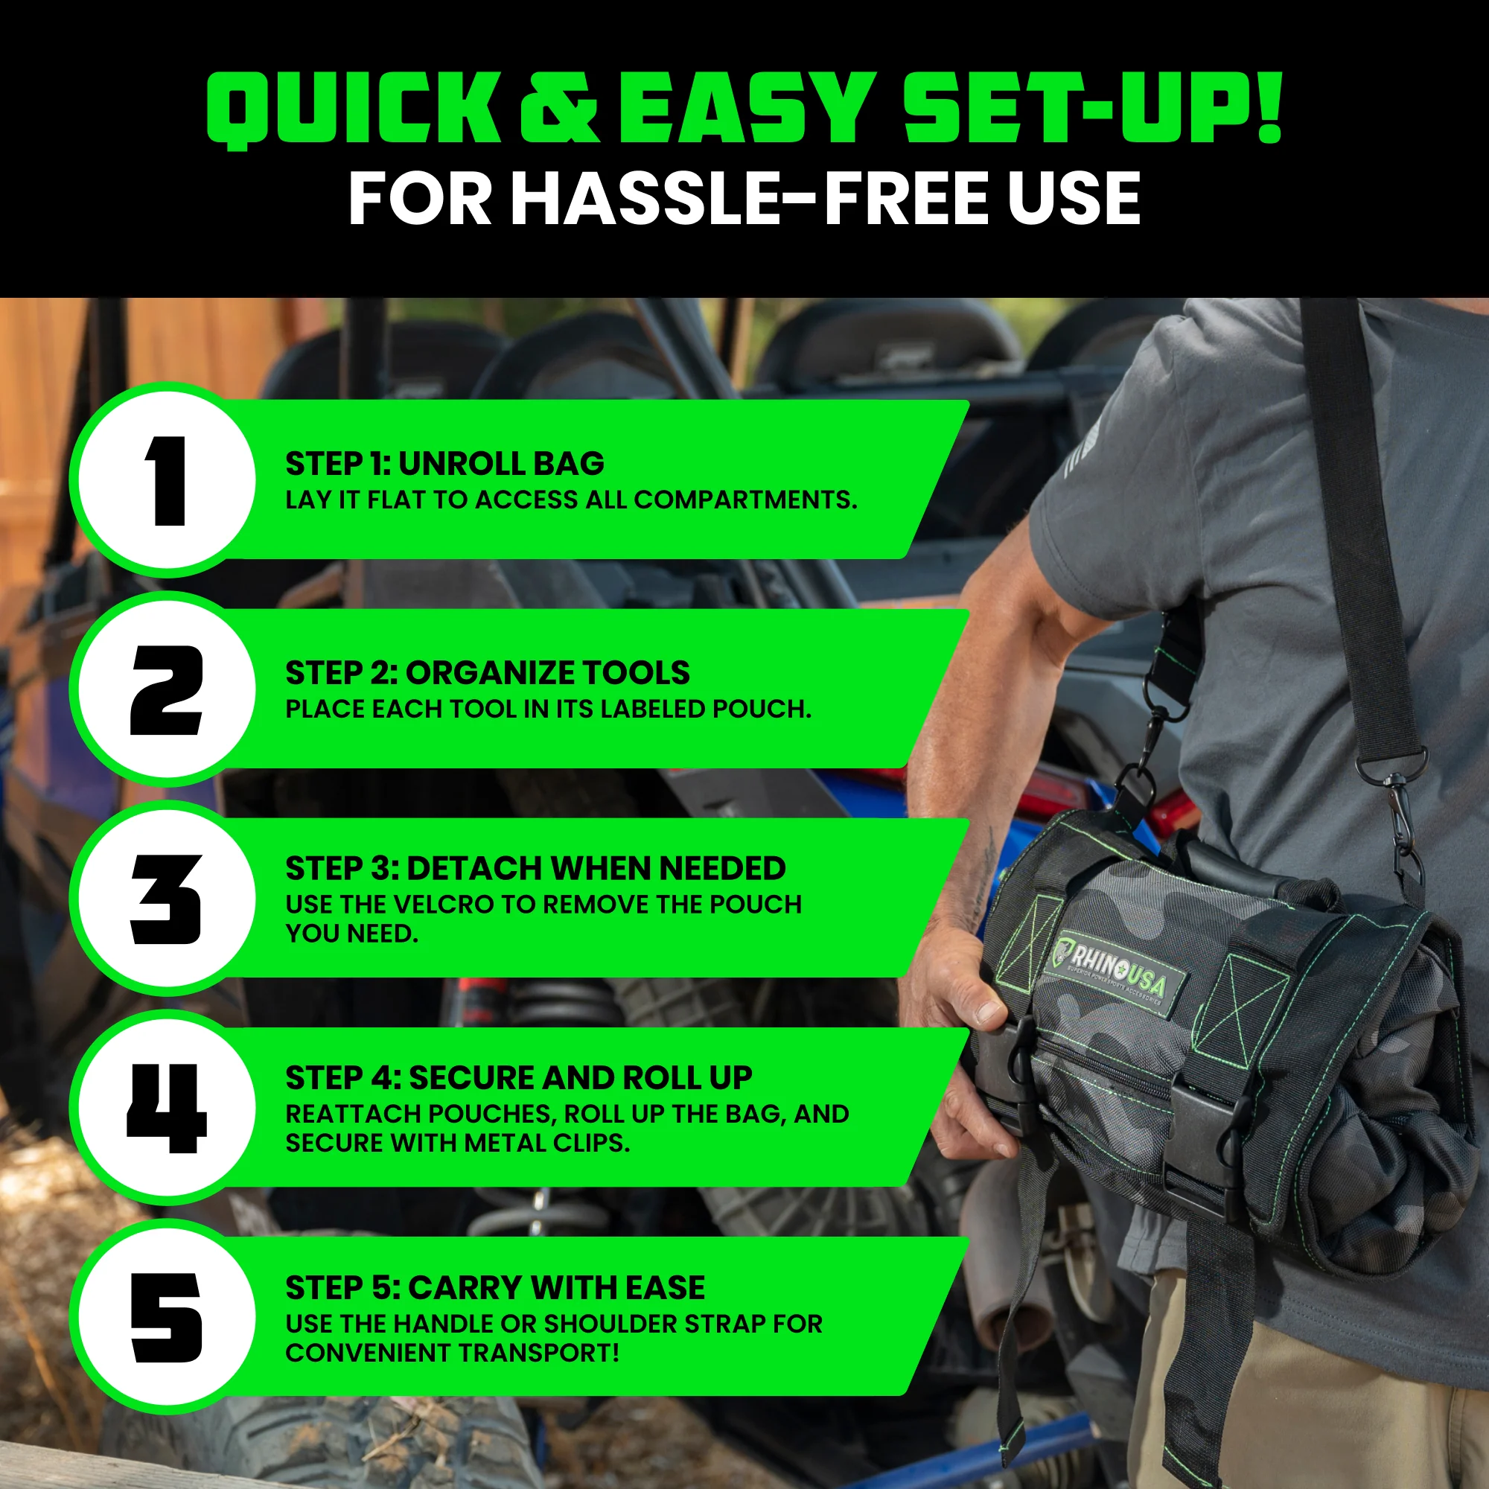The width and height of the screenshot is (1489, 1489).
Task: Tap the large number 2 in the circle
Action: click(167, 690)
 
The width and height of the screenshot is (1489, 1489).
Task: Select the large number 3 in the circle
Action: click(167, 899)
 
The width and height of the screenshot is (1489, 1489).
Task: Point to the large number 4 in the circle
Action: click(167, 1109)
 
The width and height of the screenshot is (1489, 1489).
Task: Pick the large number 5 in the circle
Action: click(167, 1318)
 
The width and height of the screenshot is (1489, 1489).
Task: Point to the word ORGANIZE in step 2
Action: click(485, 674)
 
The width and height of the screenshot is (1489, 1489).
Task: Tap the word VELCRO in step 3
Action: click(438, 904)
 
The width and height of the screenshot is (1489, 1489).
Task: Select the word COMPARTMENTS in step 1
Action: click(744, 500)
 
